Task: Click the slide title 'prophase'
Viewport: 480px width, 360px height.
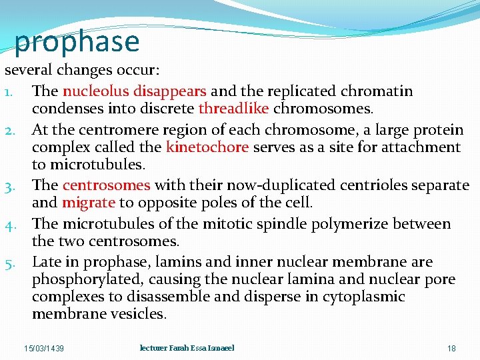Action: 77,41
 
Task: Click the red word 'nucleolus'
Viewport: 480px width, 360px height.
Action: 95,91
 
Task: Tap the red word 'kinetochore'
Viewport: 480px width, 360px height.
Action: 207,147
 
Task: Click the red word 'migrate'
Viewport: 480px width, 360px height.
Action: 89,203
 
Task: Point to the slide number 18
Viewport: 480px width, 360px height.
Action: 451,349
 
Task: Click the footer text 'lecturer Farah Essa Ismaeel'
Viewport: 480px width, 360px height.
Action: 187,348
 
